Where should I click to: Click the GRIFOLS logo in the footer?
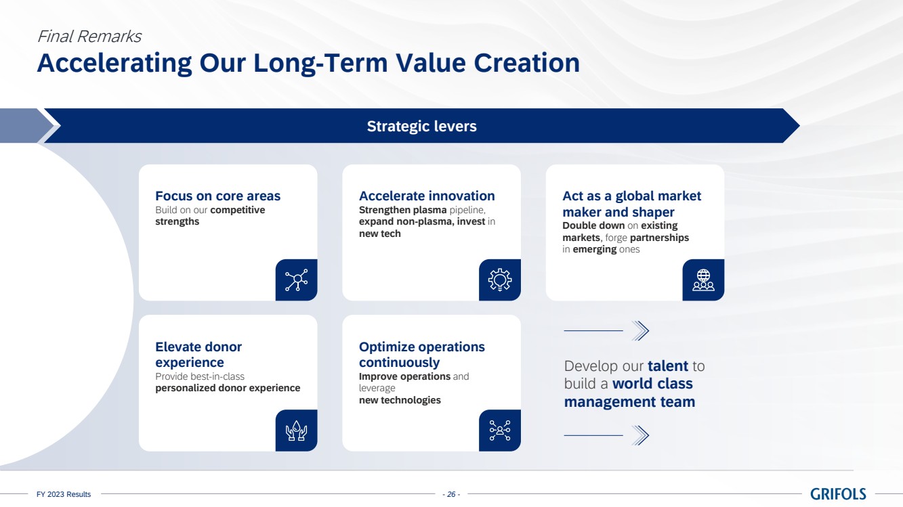click(838, 493)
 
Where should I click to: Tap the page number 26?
click(451, 494)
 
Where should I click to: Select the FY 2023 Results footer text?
click(64, 494)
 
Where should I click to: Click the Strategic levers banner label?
click(421, 126)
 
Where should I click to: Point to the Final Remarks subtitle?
click(89, 37)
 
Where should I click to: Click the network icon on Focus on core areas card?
click(296, 280)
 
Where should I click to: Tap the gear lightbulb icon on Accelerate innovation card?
click(500, 280)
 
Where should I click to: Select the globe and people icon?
click(703, 280)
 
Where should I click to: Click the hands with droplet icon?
click(296, 431)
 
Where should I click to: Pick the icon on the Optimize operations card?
click(500, 431)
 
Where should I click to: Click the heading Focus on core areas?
click(217, 196)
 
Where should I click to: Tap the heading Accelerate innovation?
click(427, 196)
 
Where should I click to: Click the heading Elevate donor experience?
click(198, 355)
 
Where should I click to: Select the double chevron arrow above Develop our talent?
click(639, 330)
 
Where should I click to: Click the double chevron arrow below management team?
click(639, 435)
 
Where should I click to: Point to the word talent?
click(667, 366)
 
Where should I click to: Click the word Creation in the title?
click(526, 63)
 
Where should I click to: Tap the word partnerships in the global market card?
click(659, 238)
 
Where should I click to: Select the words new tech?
click(380, 234)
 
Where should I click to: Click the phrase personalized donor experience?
click(228, 388)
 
